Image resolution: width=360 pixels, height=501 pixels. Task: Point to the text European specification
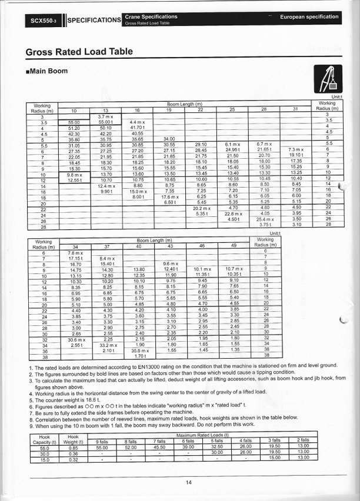click(309, 16)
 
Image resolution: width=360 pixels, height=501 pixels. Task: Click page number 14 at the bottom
click(188, 482)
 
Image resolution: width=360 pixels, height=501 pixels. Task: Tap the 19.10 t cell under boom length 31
click(295, 155)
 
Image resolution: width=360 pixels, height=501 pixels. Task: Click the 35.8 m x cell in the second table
click(139, 350)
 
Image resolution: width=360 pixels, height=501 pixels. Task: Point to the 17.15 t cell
click(75, 259)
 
